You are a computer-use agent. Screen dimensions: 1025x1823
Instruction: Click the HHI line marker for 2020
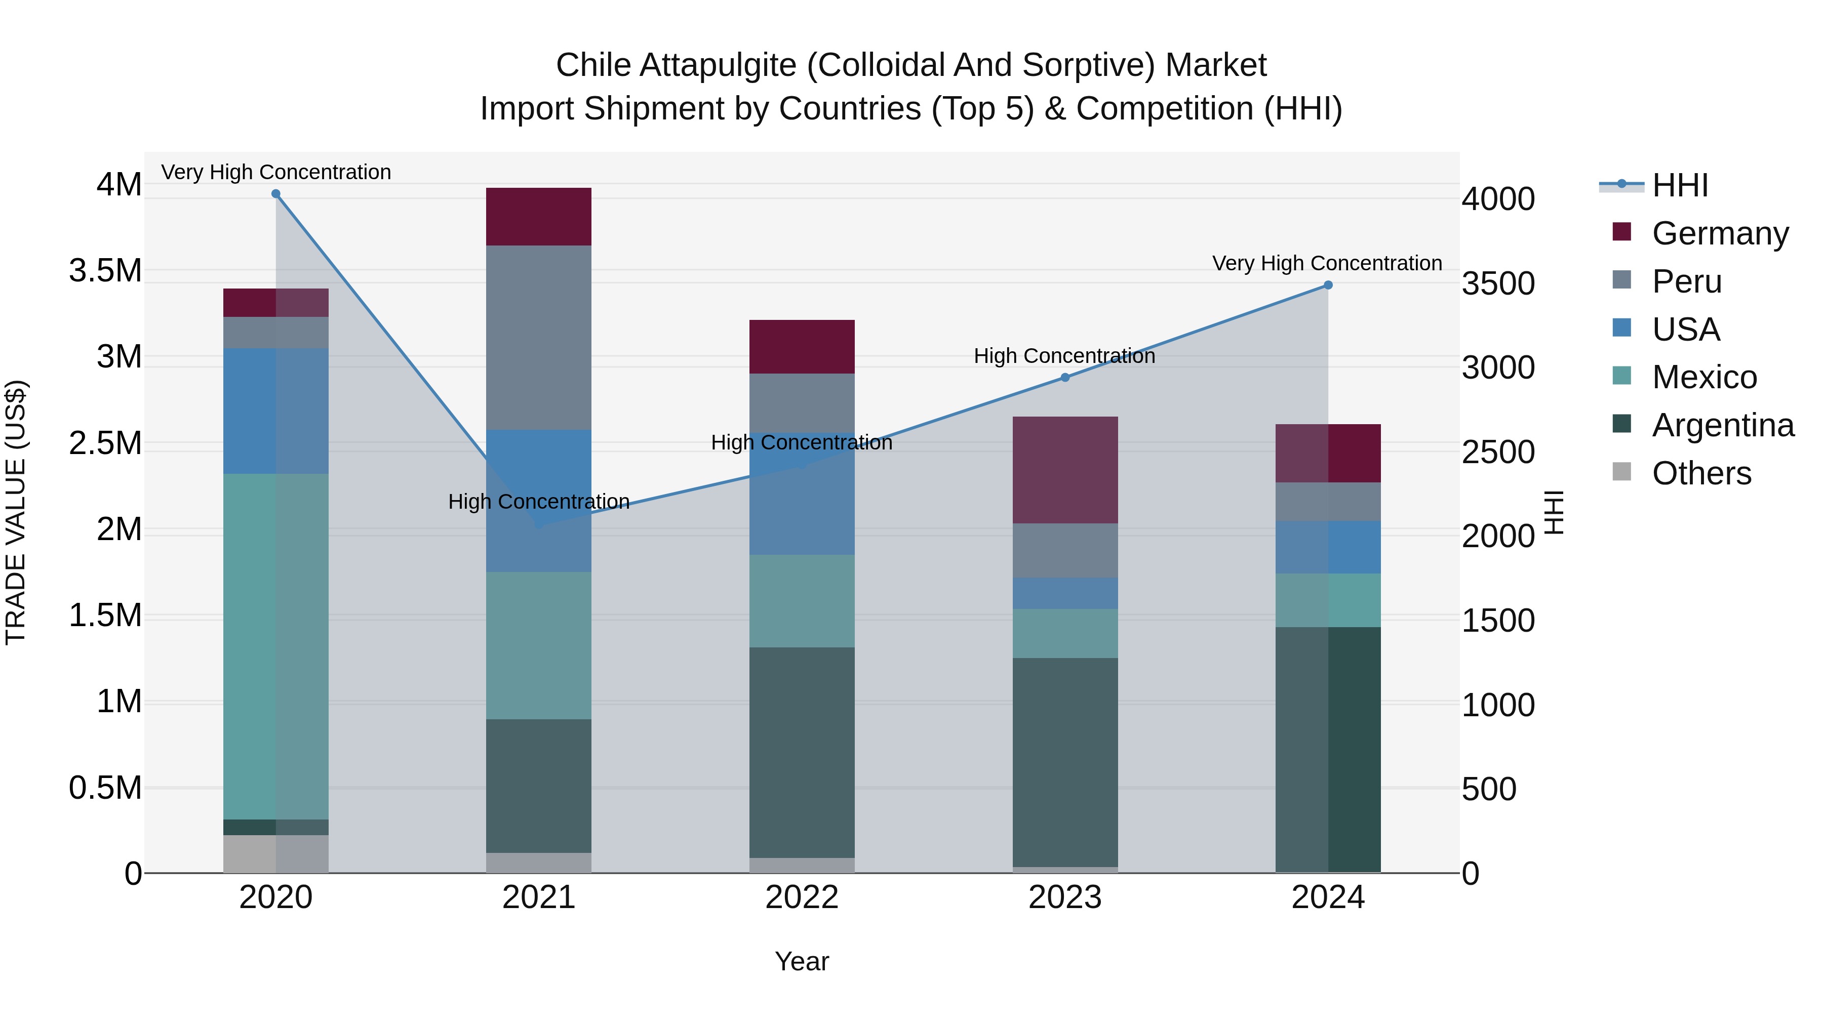(276, 194)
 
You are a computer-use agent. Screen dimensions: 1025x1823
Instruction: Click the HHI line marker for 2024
(1328, 285)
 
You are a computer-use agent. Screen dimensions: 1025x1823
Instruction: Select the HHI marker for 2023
(1065, 378)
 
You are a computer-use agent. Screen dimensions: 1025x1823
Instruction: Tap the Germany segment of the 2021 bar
(539, 217)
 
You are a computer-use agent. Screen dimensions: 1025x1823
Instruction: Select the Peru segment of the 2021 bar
(539, 338)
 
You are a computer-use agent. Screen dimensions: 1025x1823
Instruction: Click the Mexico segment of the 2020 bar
(276, 646)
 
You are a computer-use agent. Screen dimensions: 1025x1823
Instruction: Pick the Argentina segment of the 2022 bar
(802, 752)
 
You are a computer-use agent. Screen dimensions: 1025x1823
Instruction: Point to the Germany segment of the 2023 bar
(1065, 470)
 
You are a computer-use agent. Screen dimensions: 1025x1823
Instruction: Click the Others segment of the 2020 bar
(276, 854)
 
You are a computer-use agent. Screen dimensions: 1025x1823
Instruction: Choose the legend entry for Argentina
(1723, 425)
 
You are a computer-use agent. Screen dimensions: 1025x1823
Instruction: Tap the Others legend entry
(1701, 473)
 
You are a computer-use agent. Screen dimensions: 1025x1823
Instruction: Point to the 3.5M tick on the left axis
(105, 270)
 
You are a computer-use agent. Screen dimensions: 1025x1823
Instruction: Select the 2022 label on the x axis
(802, 897)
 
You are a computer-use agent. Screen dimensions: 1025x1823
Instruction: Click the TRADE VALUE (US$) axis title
(16, 512)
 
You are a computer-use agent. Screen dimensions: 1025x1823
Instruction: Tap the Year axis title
(802, 961)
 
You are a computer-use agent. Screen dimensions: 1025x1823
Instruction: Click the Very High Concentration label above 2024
(1327, 263)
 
